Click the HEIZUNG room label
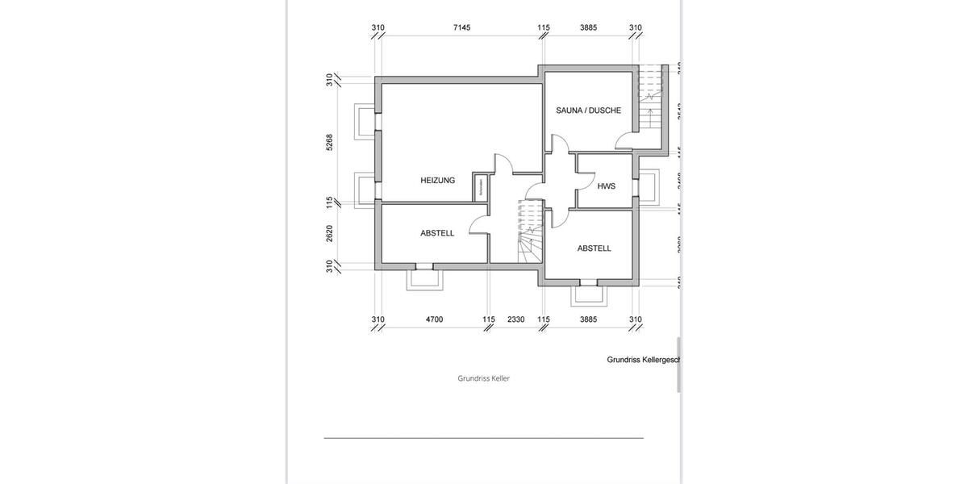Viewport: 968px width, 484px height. coord(437,181)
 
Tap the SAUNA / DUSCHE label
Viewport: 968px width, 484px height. coord(588,111)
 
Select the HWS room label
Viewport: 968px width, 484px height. coord(606,186)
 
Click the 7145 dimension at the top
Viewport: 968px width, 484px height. coord(461,27)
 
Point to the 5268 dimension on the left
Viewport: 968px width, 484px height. coord(330,142)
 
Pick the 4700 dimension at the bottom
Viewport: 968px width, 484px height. coord(434,319)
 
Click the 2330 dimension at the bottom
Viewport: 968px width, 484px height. coord(515,319)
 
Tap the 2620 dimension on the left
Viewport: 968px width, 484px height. coord(330,233)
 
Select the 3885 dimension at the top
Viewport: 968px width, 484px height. coord(589,27)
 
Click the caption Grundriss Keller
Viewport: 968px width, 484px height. coord(484,378)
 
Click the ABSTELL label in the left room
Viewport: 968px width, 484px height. coord(437,233)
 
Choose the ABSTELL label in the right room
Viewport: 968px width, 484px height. coord(594,248)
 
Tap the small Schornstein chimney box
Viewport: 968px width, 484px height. coord(480,187)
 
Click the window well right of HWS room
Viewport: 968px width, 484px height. coord(649,188)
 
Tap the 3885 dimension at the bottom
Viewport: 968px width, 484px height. coord(589,319)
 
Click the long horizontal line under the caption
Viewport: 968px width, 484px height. coord(484,438)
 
